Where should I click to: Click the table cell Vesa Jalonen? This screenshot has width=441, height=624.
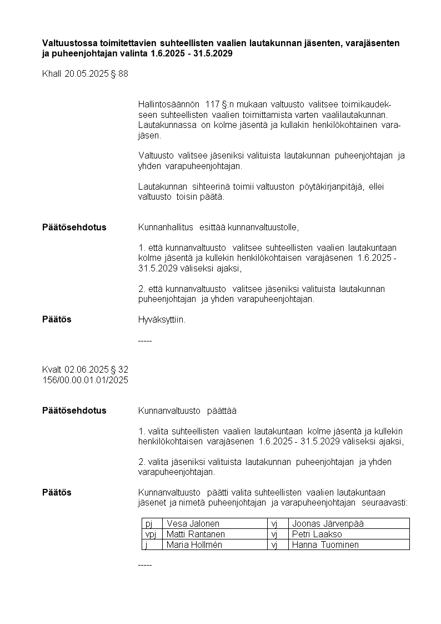tap(193, 523)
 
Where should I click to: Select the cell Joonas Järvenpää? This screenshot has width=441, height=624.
tap(328, 523)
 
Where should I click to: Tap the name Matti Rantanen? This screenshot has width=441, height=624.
tap(196, 534)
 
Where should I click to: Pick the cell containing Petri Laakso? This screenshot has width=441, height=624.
tap(317, 534)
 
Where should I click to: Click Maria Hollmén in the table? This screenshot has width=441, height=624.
tap(194, 544)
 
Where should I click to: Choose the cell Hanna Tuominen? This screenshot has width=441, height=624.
tap(325, 544)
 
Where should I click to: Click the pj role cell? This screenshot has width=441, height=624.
tap(148, 523)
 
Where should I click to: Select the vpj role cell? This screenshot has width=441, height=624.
tap(151, 534)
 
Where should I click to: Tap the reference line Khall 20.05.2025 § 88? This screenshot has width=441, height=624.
tap(85, 73)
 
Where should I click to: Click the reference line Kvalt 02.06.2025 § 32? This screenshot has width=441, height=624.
tap(85, 369)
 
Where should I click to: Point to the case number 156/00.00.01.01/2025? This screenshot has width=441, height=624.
tap(85, 380)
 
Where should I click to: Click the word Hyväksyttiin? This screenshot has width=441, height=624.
tap(162, 320)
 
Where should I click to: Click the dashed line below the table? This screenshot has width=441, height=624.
tap(144, 565)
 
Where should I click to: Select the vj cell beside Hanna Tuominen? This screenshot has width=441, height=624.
tap(274, 544)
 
